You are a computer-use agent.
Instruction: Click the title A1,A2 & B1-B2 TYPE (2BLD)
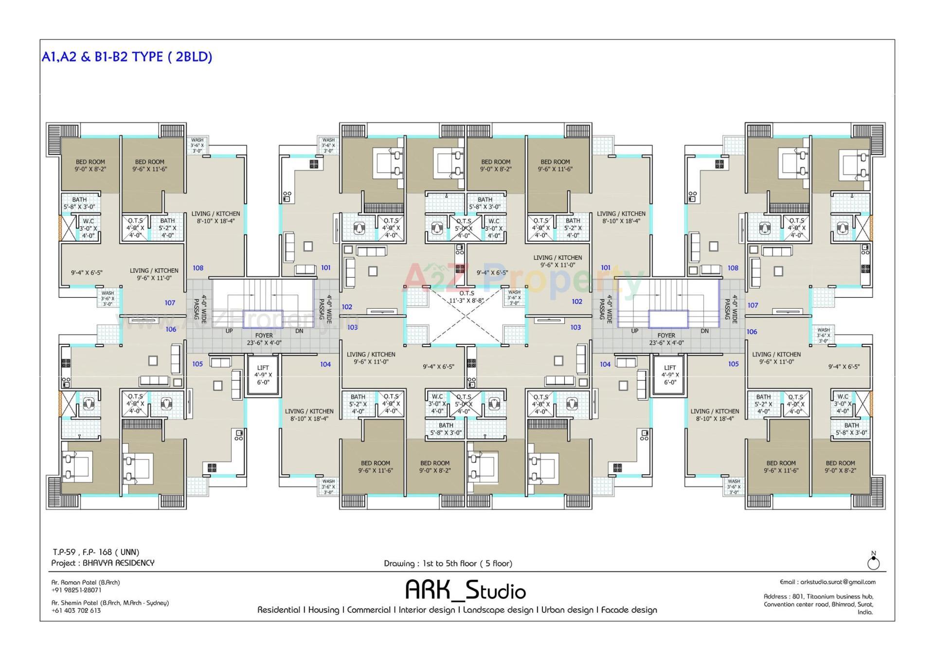[127, 57]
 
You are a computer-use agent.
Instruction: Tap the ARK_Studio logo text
[466, 590]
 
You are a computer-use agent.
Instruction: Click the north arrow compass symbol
[874, 563]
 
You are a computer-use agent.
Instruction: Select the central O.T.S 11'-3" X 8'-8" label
[466, 297]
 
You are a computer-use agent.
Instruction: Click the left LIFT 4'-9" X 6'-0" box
[263, 375]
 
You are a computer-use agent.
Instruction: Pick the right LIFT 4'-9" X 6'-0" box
[670, 375]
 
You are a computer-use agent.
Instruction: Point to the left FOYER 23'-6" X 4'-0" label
[264, 339]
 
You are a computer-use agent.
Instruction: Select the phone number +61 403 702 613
[77, 610]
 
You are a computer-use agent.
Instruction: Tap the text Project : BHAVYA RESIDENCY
[103, 563]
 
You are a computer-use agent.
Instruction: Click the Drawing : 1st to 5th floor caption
[448, 563]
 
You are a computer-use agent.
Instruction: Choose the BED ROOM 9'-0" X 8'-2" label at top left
[90, 165]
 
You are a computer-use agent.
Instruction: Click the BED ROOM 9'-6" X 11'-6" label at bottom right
[781, 467]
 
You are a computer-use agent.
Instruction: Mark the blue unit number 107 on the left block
[170, 303]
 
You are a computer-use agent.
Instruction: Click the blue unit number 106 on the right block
[752, 332]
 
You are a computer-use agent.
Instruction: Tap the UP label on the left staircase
[229, 331]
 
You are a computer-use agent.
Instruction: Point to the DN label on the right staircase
[704, 331]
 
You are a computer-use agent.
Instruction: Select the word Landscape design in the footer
[498, 610]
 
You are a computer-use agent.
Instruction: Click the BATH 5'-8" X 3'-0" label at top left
[79, 203]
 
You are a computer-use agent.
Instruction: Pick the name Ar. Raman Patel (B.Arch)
[86, 582]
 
